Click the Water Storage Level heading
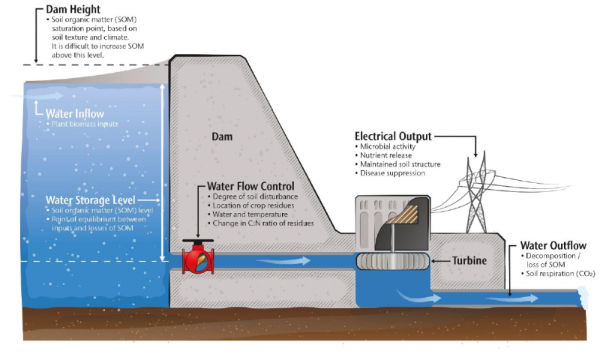point(90,200)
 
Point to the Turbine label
point(469,261)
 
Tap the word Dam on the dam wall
point(223,137)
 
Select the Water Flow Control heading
point(250,186)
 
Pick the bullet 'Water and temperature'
point(247,214)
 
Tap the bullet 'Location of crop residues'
point(253,205)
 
